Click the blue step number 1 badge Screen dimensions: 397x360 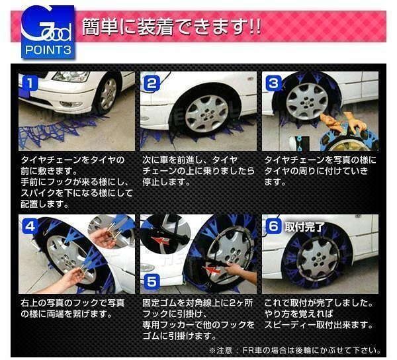coord(30,83)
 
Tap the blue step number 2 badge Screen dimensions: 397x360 coord(152,83)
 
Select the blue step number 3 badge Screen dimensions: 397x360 coord(273,83)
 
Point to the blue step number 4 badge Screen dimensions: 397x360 coord(30,226)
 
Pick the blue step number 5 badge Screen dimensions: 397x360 coord(152,281)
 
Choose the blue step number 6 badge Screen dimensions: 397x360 coord(273,226)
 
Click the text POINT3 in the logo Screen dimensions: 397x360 coord(48,50)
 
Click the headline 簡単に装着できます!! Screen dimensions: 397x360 coord(171,27)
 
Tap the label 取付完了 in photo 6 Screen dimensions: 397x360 coord(304,227)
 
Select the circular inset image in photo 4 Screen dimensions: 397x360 coord(111,231)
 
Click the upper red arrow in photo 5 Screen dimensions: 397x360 coord(160,240)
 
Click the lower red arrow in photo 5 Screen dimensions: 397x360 coord(212,270)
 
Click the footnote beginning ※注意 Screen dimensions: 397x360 coord(294,350)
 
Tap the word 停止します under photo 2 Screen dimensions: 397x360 coord(166,182)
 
